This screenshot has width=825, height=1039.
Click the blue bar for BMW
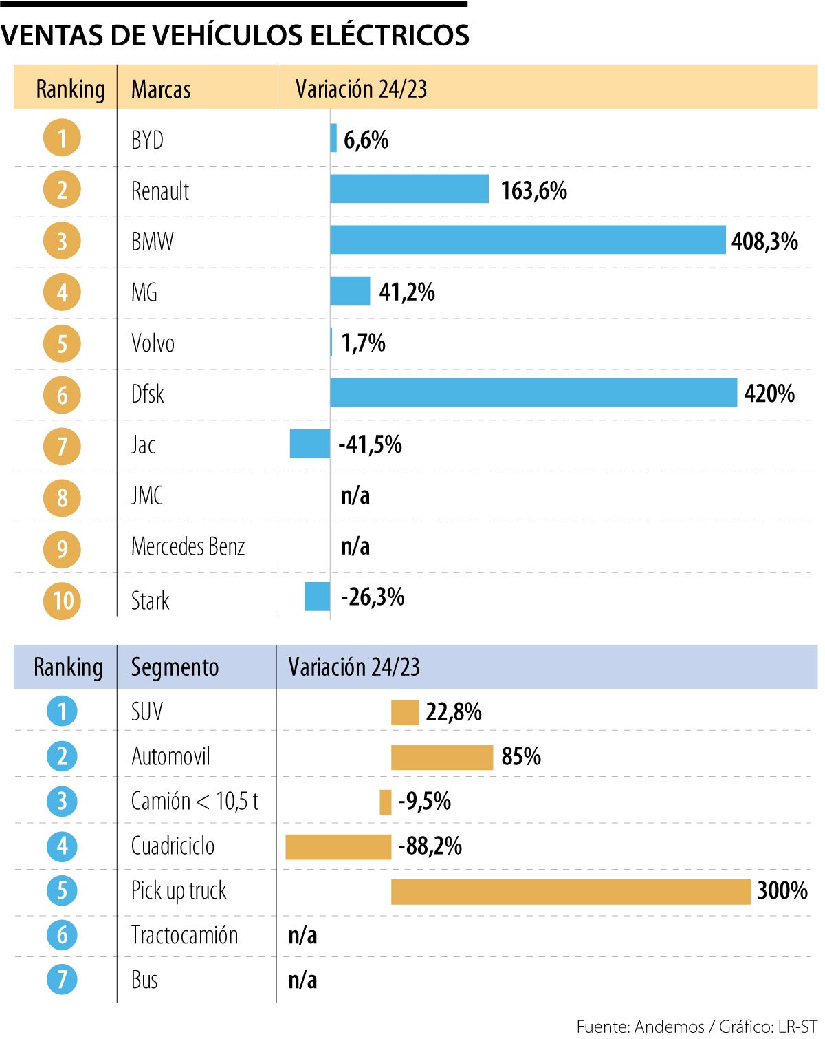click(527, 240)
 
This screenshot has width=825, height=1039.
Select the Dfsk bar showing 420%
click(533, 393)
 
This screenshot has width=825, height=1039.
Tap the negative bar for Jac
click(309, 444)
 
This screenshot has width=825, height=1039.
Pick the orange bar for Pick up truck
click(571, 892)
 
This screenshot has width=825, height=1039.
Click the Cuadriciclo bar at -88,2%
click(338, 847)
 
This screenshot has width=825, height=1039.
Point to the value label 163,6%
click(533, 191)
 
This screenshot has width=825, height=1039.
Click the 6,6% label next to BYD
click(366, 140)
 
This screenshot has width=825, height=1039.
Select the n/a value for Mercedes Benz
click(355, 546)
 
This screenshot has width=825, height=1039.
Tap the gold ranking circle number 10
click(62, 601)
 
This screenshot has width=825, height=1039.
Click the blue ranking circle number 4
click(62, 846)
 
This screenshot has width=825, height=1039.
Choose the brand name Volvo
click(153, 343)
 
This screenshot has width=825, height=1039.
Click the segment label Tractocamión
click(184, 936)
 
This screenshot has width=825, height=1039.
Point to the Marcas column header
click(161, 89)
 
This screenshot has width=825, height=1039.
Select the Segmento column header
click(175, 667)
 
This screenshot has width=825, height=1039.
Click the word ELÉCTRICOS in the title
click(390, 36)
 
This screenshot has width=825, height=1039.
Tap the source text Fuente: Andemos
click(639, 1027)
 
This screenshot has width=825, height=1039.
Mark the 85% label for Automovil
click(520, 757)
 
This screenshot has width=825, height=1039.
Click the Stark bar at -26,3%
click(317, 597)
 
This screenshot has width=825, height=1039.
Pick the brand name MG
click(144, 292)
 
